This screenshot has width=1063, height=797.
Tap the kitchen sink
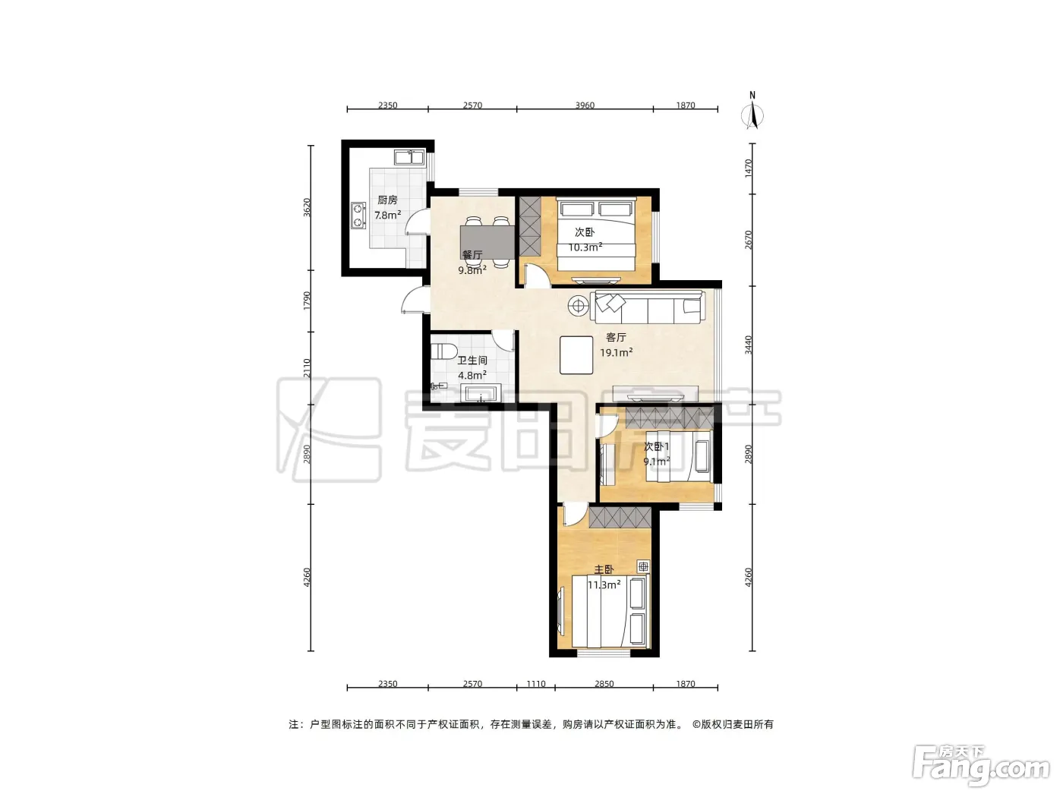409,157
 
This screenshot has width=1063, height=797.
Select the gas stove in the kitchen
358,216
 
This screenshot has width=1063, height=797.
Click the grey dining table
487,242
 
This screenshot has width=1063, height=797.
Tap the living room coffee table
576,354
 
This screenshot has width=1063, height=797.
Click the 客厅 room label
616,337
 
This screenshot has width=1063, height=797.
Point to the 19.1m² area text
616,352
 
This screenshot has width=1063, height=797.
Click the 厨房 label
387,200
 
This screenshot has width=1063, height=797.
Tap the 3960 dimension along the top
585,105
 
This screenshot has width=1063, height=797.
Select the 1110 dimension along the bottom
535,684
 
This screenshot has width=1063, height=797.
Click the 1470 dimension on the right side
749,169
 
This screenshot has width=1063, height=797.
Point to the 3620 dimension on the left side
307,207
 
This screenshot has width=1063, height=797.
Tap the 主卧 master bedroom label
604,569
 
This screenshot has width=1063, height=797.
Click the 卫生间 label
472,360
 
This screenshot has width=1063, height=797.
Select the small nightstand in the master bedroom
643,567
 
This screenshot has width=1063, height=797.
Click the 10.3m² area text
585,247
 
